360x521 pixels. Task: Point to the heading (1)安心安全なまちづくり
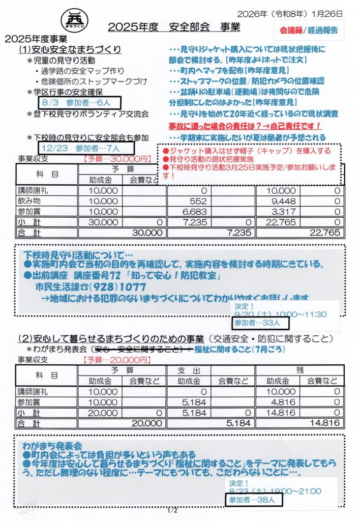point(70,49)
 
